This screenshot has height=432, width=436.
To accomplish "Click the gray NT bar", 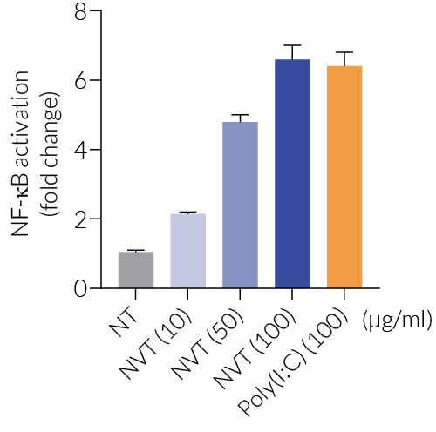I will tap(136, 270).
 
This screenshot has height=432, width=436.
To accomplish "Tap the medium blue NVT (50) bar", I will tap(240, 205).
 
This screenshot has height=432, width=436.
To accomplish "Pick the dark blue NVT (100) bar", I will tap(292, 174).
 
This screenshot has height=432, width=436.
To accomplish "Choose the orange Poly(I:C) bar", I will tap(344, 178).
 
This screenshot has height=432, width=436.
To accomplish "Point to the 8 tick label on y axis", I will tap(80, 12).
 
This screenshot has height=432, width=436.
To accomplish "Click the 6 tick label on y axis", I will tap(80, 81).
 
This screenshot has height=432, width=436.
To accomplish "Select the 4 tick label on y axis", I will tap(80, 150).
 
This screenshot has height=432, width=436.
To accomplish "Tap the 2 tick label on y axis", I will tap(80, 219).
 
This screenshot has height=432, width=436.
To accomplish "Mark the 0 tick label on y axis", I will tap(80, 288).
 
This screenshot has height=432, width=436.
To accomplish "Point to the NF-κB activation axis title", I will tap(24, 148).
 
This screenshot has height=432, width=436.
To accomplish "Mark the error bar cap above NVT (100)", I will tap(292, 45).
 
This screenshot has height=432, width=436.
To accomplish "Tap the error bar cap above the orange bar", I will tap(344, 52).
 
